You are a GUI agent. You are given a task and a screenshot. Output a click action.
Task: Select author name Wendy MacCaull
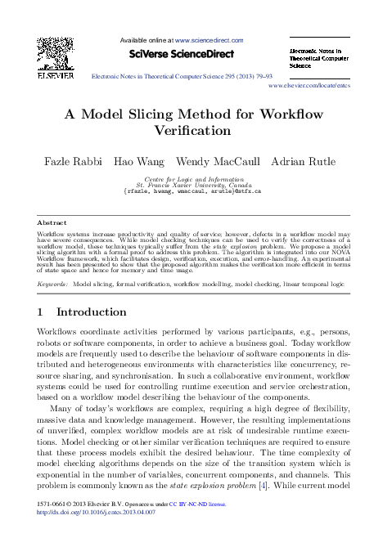[219, 162]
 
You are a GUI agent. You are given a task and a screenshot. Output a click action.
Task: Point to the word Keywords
[53, 285]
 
